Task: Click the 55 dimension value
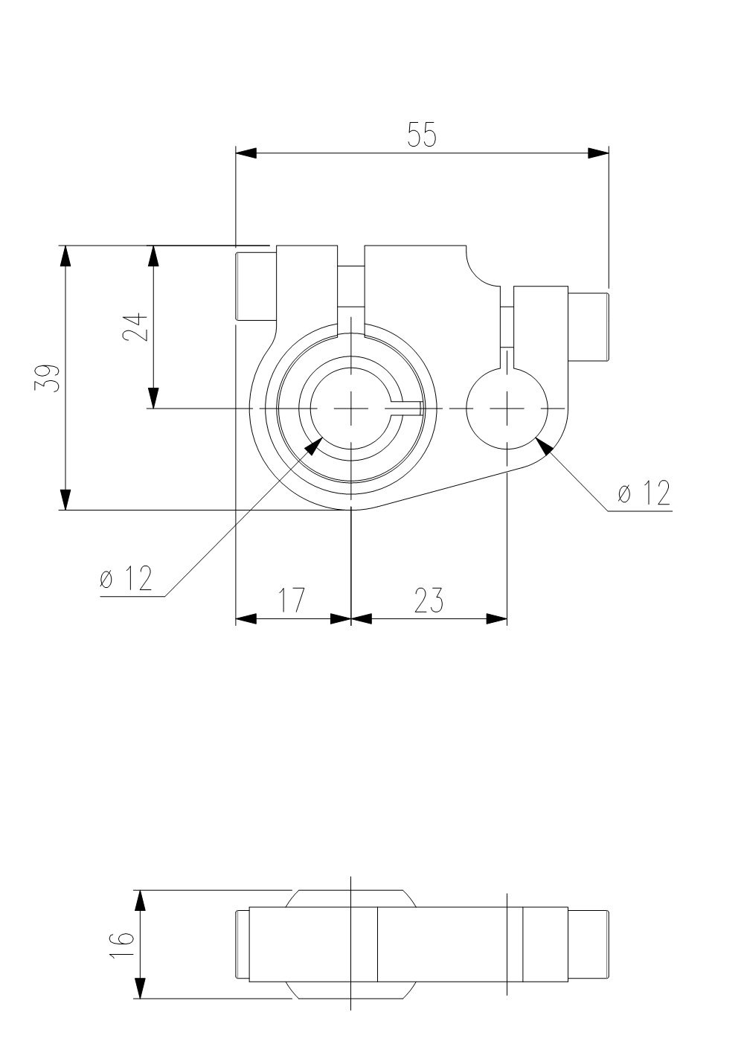422,135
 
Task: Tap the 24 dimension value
135,327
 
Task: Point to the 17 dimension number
292,600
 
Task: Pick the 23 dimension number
429,601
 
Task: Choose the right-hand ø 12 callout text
644,493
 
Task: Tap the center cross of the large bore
351,409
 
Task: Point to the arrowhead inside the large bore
314,445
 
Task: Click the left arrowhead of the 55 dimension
246,153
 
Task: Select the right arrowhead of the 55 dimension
598,153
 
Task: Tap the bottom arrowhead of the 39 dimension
65,499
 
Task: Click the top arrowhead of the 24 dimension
153,256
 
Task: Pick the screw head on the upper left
256,287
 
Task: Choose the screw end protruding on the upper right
589,327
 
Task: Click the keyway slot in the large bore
405,409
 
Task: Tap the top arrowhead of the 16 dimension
140,900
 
